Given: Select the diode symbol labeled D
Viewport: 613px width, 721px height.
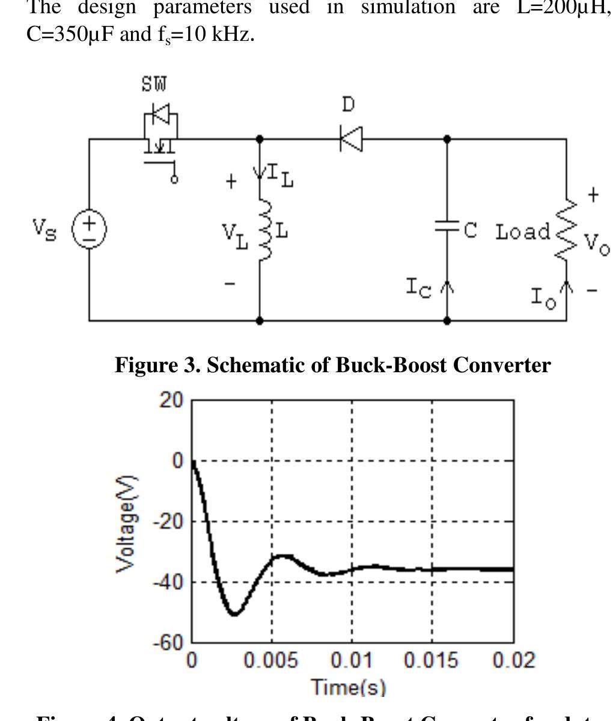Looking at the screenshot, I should (351, 139).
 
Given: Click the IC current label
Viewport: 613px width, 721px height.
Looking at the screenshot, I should (418, 289).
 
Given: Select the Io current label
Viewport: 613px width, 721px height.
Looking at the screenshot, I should (544, 296).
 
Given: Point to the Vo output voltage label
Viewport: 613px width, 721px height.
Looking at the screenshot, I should (597, 244).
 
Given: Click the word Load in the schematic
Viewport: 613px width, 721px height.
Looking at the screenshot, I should (522, 232).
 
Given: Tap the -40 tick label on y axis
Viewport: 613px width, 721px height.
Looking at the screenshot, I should (168, 582).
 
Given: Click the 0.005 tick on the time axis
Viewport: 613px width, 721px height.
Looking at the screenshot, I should (270, 661).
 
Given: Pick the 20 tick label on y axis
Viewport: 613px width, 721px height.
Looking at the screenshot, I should (172, 399).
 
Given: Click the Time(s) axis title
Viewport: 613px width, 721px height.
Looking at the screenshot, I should (349, 687).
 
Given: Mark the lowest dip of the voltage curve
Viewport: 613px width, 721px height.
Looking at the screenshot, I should (234, 614).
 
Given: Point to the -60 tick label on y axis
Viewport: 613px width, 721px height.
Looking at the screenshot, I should (168, 642).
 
